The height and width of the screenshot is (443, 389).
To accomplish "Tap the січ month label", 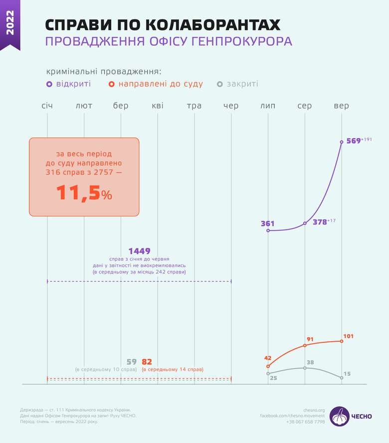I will tap(47, 106).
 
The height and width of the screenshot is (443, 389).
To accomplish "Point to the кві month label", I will tap(158, 106).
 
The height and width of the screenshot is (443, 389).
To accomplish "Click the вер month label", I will tap(342, 106).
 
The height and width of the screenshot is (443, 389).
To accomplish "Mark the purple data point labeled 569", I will tap(342, 142).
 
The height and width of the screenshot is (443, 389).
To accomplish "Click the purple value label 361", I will tap(268, 223).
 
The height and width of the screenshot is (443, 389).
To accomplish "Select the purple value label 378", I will tap(320, 222).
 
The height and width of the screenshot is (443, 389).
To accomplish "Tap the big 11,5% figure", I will tap(84, 194).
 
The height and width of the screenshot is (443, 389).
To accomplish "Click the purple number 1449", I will tap(139, 251).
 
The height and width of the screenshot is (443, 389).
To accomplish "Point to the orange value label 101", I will tap(349, 336).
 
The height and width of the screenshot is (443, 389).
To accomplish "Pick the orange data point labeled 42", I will tap(268, 366).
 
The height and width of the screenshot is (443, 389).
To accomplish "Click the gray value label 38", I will tap(310, 362).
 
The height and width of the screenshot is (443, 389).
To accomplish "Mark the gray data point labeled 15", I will tap(342, 378).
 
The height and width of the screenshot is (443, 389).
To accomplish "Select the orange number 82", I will tap(147, 362).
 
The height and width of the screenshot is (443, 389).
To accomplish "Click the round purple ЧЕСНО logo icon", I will tap(340, 416).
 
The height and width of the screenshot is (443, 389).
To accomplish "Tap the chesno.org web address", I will tap(314, 410).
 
